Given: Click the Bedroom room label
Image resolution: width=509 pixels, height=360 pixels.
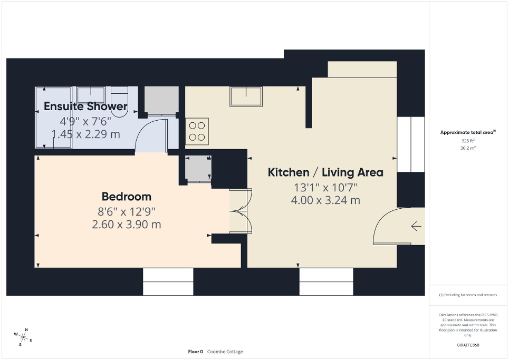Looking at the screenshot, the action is click(126, 197).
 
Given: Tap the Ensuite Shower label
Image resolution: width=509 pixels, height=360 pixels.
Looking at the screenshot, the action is click(85, 106).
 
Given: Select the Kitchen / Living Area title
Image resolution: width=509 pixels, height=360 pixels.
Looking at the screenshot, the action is click(325, 172).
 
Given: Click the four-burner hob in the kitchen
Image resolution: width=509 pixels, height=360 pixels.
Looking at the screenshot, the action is click(197, 131).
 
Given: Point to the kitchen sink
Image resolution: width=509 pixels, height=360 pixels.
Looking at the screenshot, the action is click(246, 96).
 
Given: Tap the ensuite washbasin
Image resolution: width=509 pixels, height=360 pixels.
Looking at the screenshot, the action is click(91, 95).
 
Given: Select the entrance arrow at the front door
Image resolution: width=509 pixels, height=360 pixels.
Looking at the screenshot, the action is click(416, 226).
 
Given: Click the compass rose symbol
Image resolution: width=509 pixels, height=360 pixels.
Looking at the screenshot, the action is click(23, 337).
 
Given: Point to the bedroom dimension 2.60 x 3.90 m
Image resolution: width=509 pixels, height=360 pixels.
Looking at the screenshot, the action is click(126, 225).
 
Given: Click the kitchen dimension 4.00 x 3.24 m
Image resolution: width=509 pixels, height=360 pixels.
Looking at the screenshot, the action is click(325, 200).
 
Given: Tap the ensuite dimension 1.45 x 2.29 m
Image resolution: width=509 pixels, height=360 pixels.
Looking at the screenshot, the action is click(85, 134).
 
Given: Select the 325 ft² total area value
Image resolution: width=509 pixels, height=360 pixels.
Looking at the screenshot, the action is click(468, 141).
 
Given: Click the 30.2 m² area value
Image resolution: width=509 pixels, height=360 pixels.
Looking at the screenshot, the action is click(468, 148).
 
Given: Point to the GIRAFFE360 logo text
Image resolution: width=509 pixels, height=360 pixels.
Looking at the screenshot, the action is click(468, 345).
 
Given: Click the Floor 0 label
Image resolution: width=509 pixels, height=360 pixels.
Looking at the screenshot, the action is click(195, 352).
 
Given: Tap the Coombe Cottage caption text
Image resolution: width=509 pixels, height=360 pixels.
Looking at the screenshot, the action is click(225, 352).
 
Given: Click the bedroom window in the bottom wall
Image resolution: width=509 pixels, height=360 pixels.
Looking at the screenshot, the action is click(168, 282).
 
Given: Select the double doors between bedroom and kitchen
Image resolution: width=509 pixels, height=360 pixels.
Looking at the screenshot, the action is click(241, 211).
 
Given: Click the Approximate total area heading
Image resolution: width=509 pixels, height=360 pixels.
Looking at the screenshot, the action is click(468, 132).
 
